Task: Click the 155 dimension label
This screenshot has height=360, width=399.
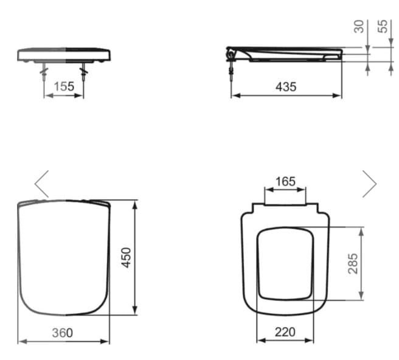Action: (x=64, y=86)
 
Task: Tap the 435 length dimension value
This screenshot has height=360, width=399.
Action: (x=286, y=87)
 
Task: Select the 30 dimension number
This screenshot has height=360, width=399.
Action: (x=359, y=27)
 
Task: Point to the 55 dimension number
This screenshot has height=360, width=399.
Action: (x=383, y=26)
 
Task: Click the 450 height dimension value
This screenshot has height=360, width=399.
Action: (x=126, y=257)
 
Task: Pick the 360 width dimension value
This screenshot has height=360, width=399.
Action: (x=62, y=333)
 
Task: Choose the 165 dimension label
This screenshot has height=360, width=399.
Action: (x=285, y=181)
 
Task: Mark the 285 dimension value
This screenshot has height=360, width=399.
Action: (x=353, y=263)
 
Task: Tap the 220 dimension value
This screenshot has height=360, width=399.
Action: (x=285, y=332)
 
